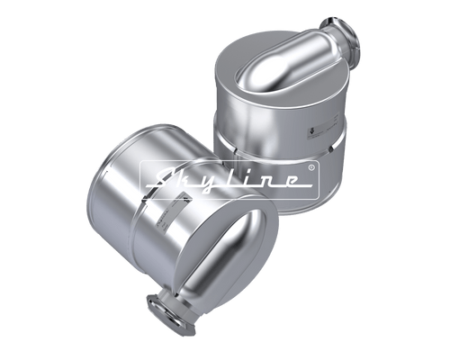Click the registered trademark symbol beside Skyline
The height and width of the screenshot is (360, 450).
(312, 167)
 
